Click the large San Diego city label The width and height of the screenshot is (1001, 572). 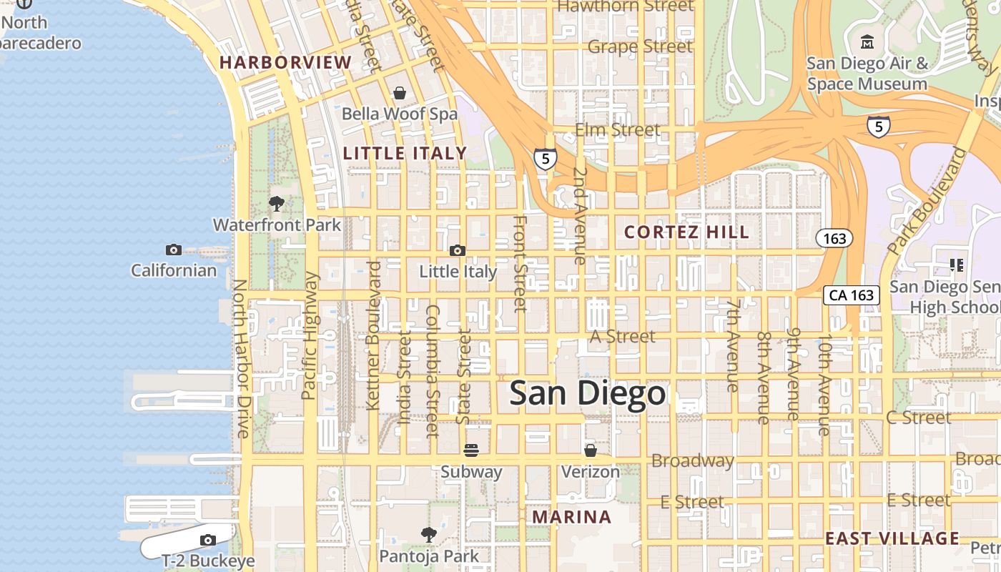[x=587, y=394]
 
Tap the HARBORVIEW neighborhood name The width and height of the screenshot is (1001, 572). [x=285, y=62]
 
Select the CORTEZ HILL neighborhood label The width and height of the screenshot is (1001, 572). [x=686, y=232]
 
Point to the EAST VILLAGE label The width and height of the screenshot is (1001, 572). [x=892, y=538]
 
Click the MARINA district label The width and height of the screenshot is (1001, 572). [x=572, y=517]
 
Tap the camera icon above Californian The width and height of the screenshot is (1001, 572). [x=173, y=250]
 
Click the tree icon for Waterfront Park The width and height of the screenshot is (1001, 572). [x=277, y=204]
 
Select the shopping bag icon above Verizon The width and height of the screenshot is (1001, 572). [x=591, y=450]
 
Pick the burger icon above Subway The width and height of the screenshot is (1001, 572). [x=470, y=450]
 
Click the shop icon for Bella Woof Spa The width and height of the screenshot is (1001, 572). [x=400, y=93]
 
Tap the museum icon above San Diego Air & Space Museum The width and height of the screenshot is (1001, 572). [x=867, y=42]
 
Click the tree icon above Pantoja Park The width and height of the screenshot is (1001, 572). [x=429, y=534]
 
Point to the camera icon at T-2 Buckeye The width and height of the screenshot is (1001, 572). [x=208, y=540]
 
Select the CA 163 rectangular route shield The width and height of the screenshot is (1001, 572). [x=851, y=295]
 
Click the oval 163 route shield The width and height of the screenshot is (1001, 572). [x=834, y=238]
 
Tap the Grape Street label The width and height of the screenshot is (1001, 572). [x=640, y=46]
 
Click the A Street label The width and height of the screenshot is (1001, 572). [x=622, y=336]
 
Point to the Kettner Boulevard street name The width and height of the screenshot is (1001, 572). [x=373, y=336]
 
